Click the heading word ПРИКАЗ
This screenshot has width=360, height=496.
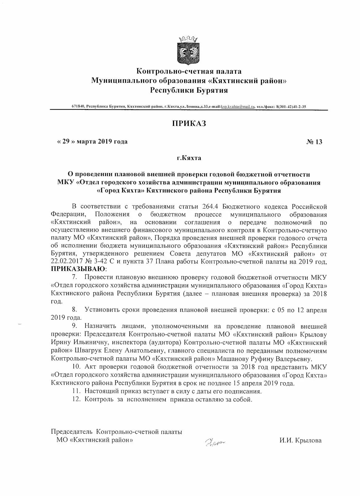point(189,123)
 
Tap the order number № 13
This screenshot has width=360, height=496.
point(314,142)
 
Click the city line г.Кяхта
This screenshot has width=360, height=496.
point(189,158)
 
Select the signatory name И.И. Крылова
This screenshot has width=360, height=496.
point(300,440)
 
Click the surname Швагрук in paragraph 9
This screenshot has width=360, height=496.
point(88,351)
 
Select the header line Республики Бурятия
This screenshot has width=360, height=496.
point(189,90)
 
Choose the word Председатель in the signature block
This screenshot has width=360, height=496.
point(72,432)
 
